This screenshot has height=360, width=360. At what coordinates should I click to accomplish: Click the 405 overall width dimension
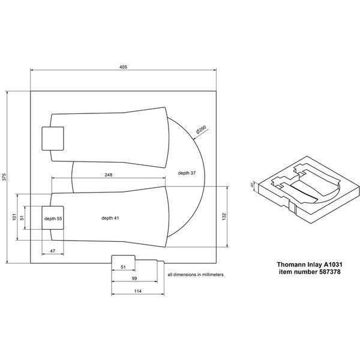click(x=123, y=67)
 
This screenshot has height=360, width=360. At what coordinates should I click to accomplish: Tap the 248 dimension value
click(x=108, y=175)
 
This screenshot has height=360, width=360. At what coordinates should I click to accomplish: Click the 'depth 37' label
click(x=187, y=173)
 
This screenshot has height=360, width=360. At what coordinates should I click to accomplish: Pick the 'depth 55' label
click(x=53, y=219)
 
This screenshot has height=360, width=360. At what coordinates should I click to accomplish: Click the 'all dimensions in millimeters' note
click(x=196, y=274)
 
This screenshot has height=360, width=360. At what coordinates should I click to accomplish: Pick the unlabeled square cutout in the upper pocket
click(x=52, y=139)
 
